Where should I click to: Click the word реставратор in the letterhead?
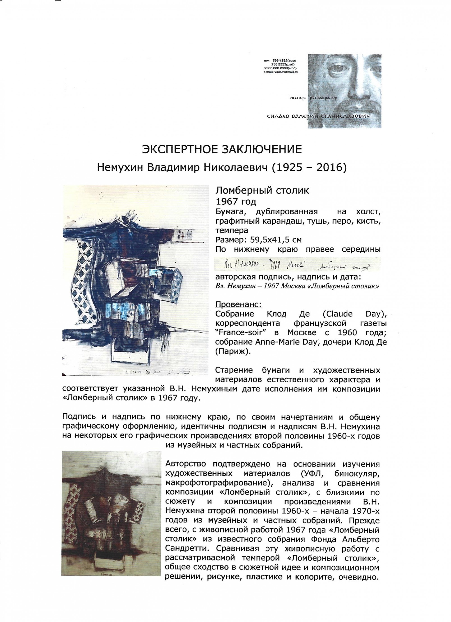(x=322, y=98)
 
